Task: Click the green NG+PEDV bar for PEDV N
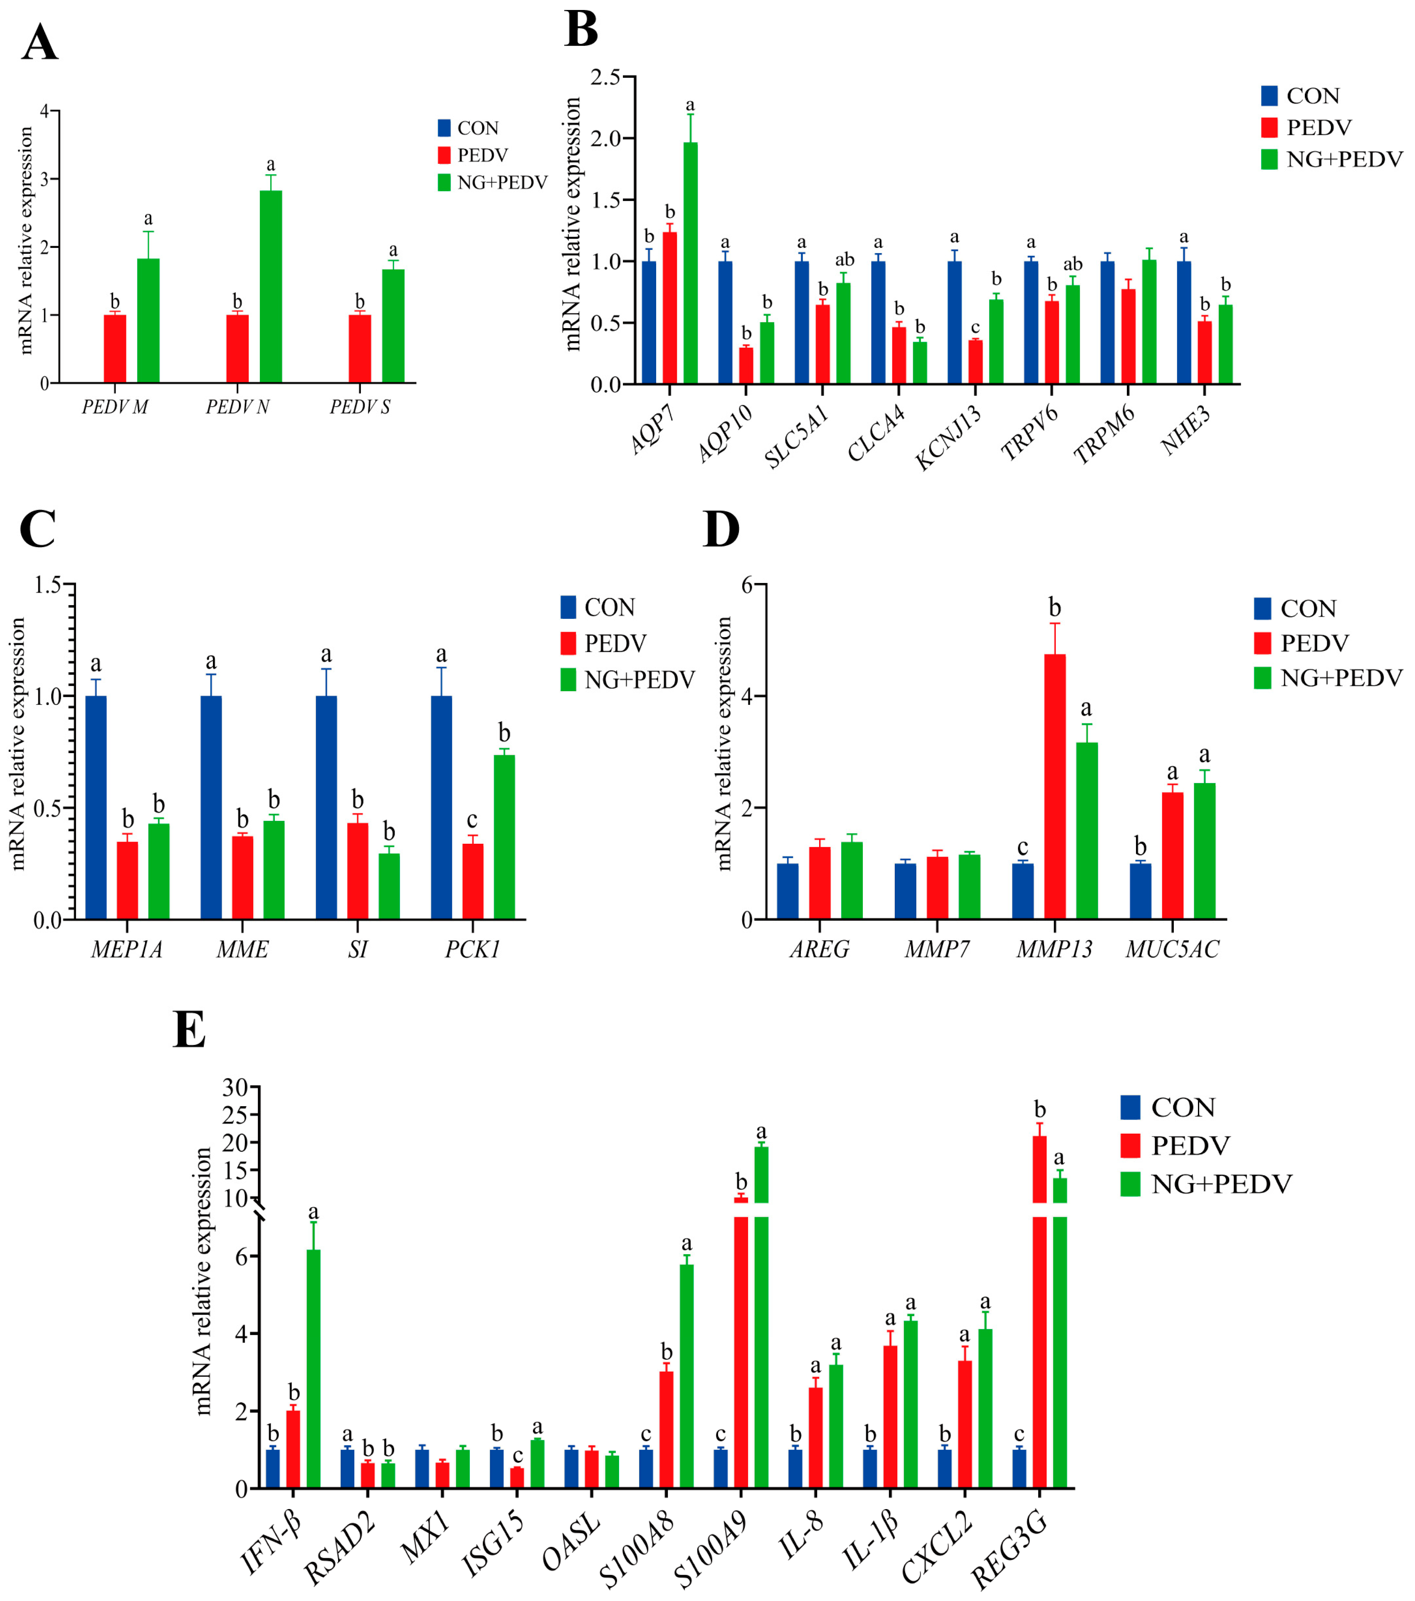coord(271,287)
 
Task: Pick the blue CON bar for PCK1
coord(441,807)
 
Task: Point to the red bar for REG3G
coord(1039,1332)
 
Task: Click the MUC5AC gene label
coord(1172,949)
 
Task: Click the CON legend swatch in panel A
coord(444,128)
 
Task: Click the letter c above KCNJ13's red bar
coord(975,327)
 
